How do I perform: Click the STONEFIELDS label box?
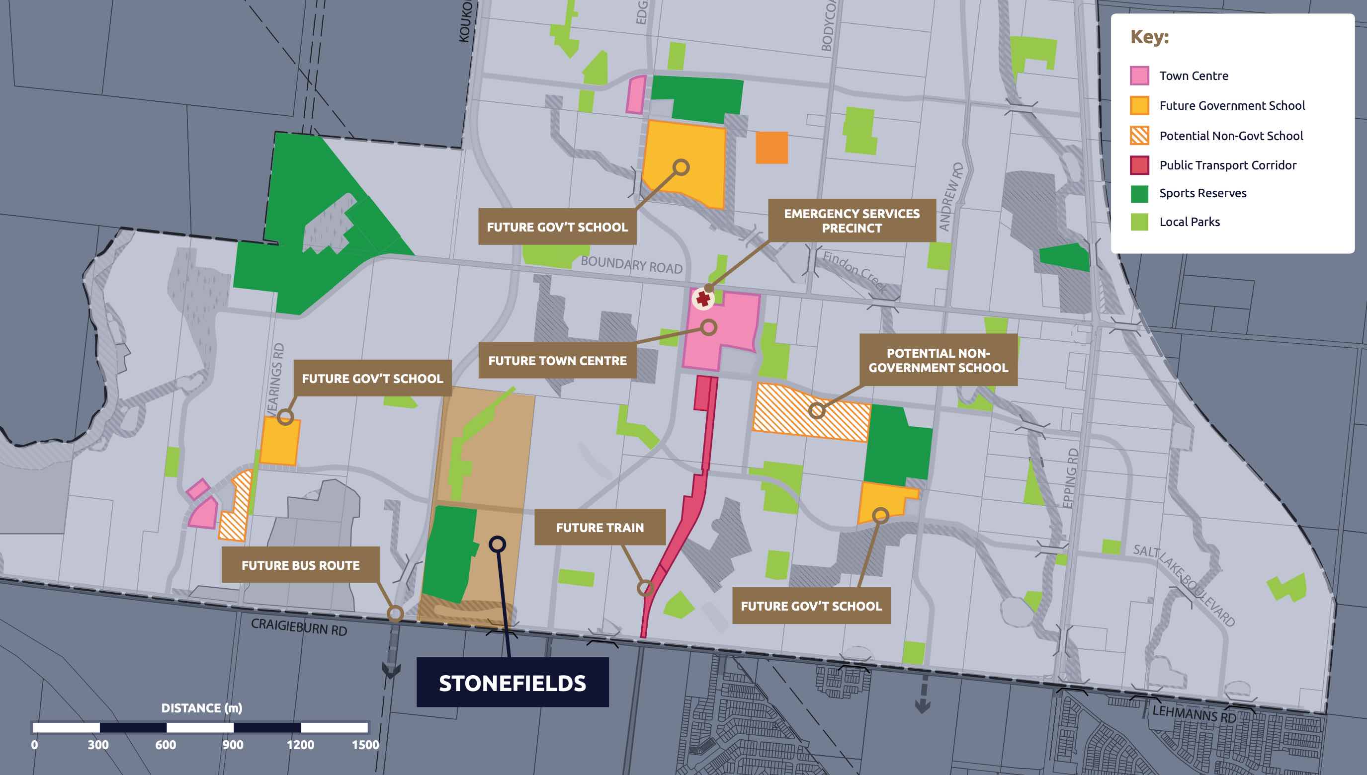click(x=513, y=683)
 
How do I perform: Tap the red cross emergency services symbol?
click(x=703, y=299)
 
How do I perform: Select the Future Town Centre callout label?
click(x=557, y=361)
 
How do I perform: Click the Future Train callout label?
click(x=599, y=528)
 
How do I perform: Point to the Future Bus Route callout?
click(x=300, y=565)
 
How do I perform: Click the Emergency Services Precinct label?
click(x=852, y=221)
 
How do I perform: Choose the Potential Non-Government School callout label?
click(x=938, y=360)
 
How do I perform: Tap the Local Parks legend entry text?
click(x=1189, y=222)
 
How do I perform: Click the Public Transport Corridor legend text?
click(x=1227, y=165)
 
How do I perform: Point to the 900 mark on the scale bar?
click(x=233, y=745)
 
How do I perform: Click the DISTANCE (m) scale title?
click(x=201, y=708)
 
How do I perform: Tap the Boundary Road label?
click(x=631, y=264)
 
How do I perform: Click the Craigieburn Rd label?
click(x=299, y=626)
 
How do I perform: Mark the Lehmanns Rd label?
click(x=1194, y=714)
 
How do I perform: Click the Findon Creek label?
click(x=855, y=271)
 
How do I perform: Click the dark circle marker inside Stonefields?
click(x=497, y=544)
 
